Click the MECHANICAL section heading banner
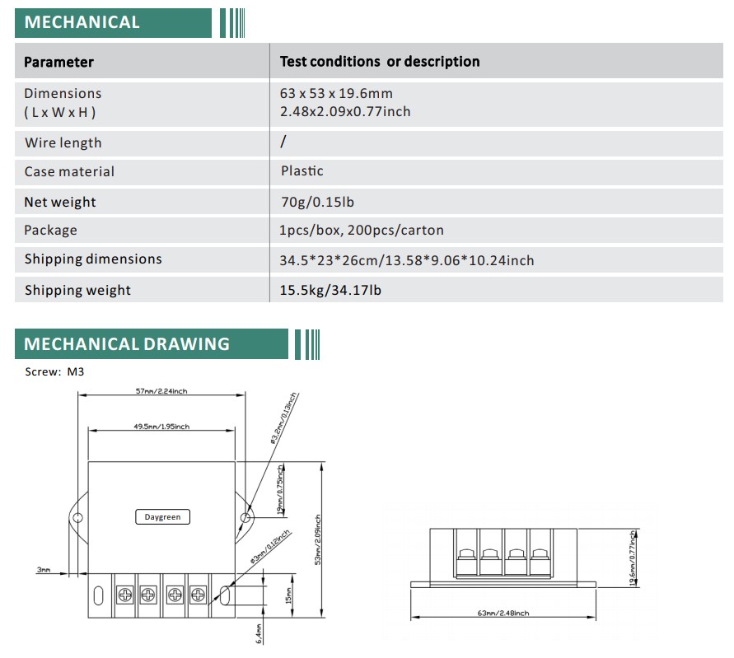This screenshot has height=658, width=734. point(113,22)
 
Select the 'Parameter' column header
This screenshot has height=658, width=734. point(59,62)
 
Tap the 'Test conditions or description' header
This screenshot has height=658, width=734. point(380,61)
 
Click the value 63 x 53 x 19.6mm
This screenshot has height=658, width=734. point(336,93)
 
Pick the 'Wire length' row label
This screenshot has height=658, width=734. point(63,142)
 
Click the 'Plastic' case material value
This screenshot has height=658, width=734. point(302,170)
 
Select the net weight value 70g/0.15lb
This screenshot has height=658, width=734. point(317,202)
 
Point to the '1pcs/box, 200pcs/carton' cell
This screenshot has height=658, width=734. point(362,230)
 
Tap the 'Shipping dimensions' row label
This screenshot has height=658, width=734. point(93,259)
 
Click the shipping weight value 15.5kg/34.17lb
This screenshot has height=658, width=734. point(330,290)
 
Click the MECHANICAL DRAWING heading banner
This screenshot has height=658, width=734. point(152,344)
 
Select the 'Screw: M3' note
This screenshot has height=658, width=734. point(54,371)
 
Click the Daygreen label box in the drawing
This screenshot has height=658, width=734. point(162,516)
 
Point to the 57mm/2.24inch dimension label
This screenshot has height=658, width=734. point(161,391)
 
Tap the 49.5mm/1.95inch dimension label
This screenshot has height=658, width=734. point(161,427)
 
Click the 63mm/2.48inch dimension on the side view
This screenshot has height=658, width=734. point(503,613)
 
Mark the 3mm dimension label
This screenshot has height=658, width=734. point(44,570)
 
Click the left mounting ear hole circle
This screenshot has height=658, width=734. point(77,517)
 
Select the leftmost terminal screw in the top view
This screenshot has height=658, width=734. point(125,595)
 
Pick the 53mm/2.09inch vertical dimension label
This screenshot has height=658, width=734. point(318,539)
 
